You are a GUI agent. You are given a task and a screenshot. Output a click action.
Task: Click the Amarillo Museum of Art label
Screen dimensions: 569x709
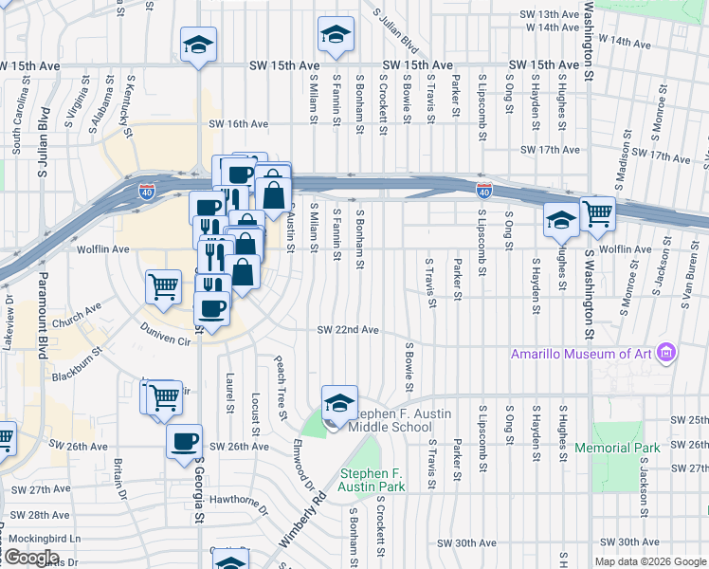[x=582, y=354]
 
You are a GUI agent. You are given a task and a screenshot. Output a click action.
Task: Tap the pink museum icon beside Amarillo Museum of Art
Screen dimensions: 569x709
[x=666, y=354]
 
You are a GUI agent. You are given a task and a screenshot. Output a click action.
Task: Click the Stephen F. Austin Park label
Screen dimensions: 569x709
[x=373, y=480]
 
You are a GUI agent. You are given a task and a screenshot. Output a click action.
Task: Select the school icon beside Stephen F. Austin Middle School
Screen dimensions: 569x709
[x=339, y=403]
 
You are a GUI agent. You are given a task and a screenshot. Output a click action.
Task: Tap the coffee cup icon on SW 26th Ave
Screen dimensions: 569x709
[x=184, y=441]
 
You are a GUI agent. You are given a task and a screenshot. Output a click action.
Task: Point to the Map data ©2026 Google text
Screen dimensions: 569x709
[x=650, y=561]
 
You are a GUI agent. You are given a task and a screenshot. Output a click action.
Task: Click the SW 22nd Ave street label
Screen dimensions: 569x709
[x=348, y=330]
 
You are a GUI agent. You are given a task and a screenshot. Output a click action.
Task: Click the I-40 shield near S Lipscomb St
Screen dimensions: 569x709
[x=483, y=192]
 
